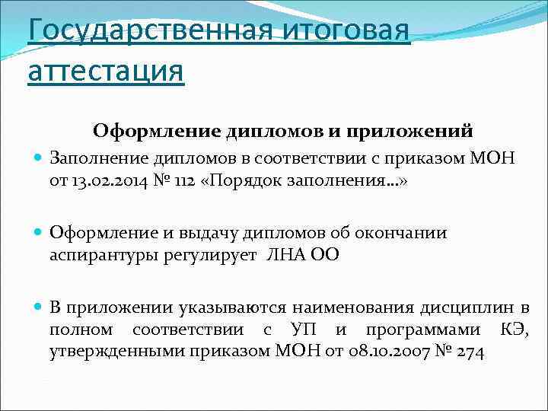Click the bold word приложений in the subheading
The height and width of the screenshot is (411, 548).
click(413, 130)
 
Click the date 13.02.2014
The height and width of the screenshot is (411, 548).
click(109, 180)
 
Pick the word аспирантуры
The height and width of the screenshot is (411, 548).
click(102, 254)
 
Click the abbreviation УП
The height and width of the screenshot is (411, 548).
click(299, 330)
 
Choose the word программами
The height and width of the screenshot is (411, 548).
click(422, 330)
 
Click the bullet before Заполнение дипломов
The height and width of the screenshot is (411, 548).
click(38, 158)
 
